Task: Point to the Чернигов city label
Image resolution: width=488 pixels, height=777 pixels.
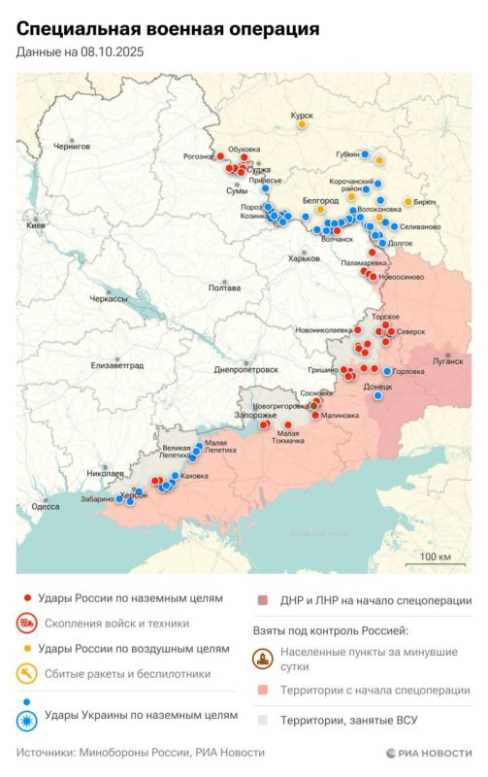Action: point(71,146)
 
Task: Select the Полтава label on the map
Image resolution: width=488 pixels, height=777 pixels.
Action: point(224,288)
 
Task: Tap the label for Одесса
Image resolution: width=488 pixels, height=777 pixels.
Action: point(45,506)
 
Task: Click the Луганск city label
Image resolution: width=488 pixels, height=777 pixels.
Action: point(448,360)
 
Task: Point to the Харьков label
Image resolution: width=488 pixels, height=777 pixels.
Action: point(304,258)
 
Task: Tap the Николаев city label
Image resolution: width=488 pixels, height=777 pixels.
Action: point(106,473)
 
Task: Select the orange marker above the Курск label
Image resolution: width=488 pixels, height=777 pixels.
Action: point(302,124)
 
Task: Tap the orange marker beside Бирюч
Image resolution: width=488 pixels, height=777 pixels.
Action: point(407,202)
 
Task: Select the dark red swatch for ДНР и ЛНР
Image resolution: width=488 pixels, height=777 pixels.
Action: point(262,600)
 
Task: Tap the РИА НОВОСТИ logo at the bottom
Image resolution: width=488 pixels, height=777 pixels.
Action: point(428,753)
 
